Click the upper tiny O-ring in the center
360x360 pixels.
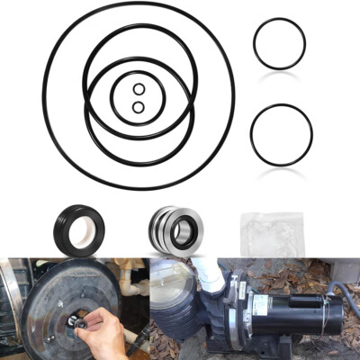click(x=138, y=89)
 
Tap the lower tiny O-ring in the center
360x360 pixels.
click(x=138, y=107)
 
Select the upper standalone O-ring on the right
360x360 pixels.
click(x=278, y=43)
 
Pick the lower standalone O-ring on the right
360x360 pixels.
click(x=281, y=135)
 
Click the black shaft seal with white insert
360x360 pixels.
click(x=77, y=230)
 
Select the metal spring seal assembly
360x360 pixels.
click(x=175, y=230)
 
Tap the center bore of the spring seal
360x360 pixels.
click(x=184, y=232)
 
